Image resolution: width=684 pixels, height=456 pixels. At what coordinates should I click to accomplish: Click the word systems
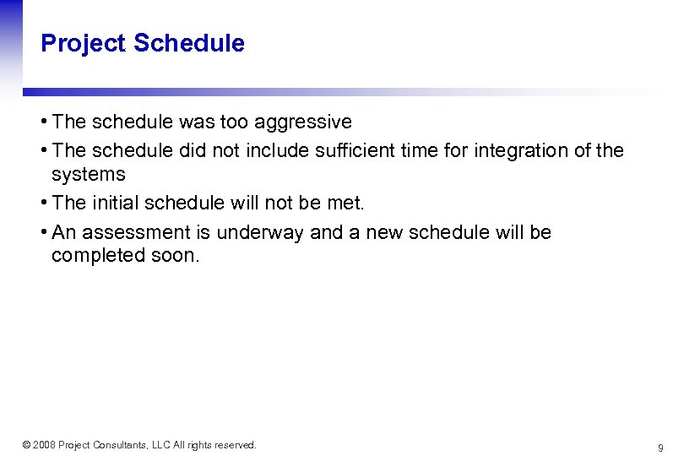(x=88, y=175)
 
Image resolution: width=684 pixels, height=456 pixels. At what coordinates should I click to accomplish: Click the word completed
(x=94, y=256)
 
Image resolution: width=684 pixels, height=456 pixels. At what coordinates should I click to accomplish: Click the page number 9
(x=660, y=447)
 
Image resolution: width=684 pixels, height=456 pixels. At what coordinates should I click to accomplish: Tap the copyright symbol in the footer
(x=26, y=445)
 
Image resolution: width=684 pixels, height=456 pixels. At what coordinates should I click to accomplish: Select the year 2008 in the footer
(x=44, y=445)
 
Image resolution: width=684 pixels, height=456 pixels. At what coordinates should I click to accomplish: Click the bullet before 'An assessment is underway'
(x=45, y=232)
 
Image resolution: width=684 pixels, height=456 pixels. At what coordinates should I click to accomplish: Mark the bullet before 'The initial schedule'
(x=45, y=203)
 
